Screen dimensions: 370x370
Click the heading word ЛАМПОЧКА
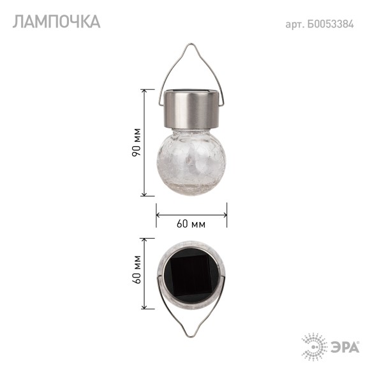coord(56,22)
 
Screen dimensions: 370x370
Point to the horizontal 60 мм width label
coord(191,224)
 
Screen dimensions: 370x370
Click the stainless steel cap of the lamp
coord(191,108)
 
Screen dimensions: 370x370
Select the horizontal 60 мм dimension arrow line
coord(191,214)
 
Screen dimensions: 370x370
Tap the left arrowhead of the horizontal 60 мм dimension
coord(159,214)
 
